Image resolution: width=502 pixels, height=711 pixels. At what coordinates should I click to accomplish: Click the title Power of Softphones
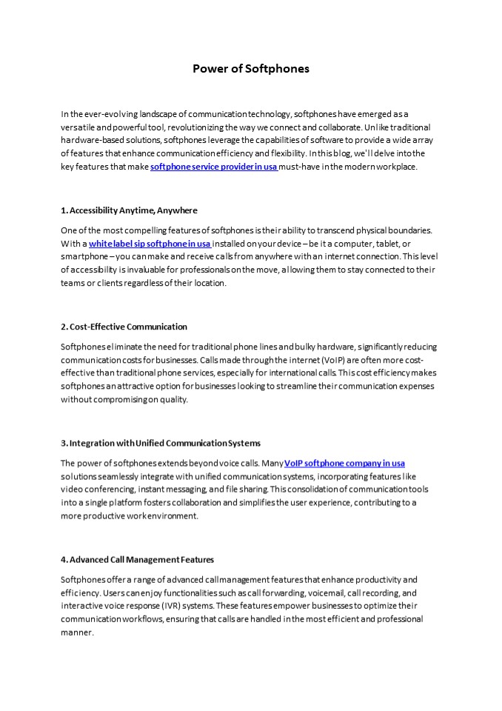point(251,69)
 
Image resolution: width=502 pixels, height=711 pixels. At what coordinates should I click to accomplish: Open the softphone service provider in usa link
point(214,167)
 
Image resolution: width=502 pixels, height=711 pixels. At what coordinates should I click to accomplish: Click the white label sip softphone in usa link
point(150,244)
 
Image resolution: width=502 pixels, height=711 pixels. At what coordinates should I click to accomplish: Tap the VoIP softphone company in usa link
point(344,463)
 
